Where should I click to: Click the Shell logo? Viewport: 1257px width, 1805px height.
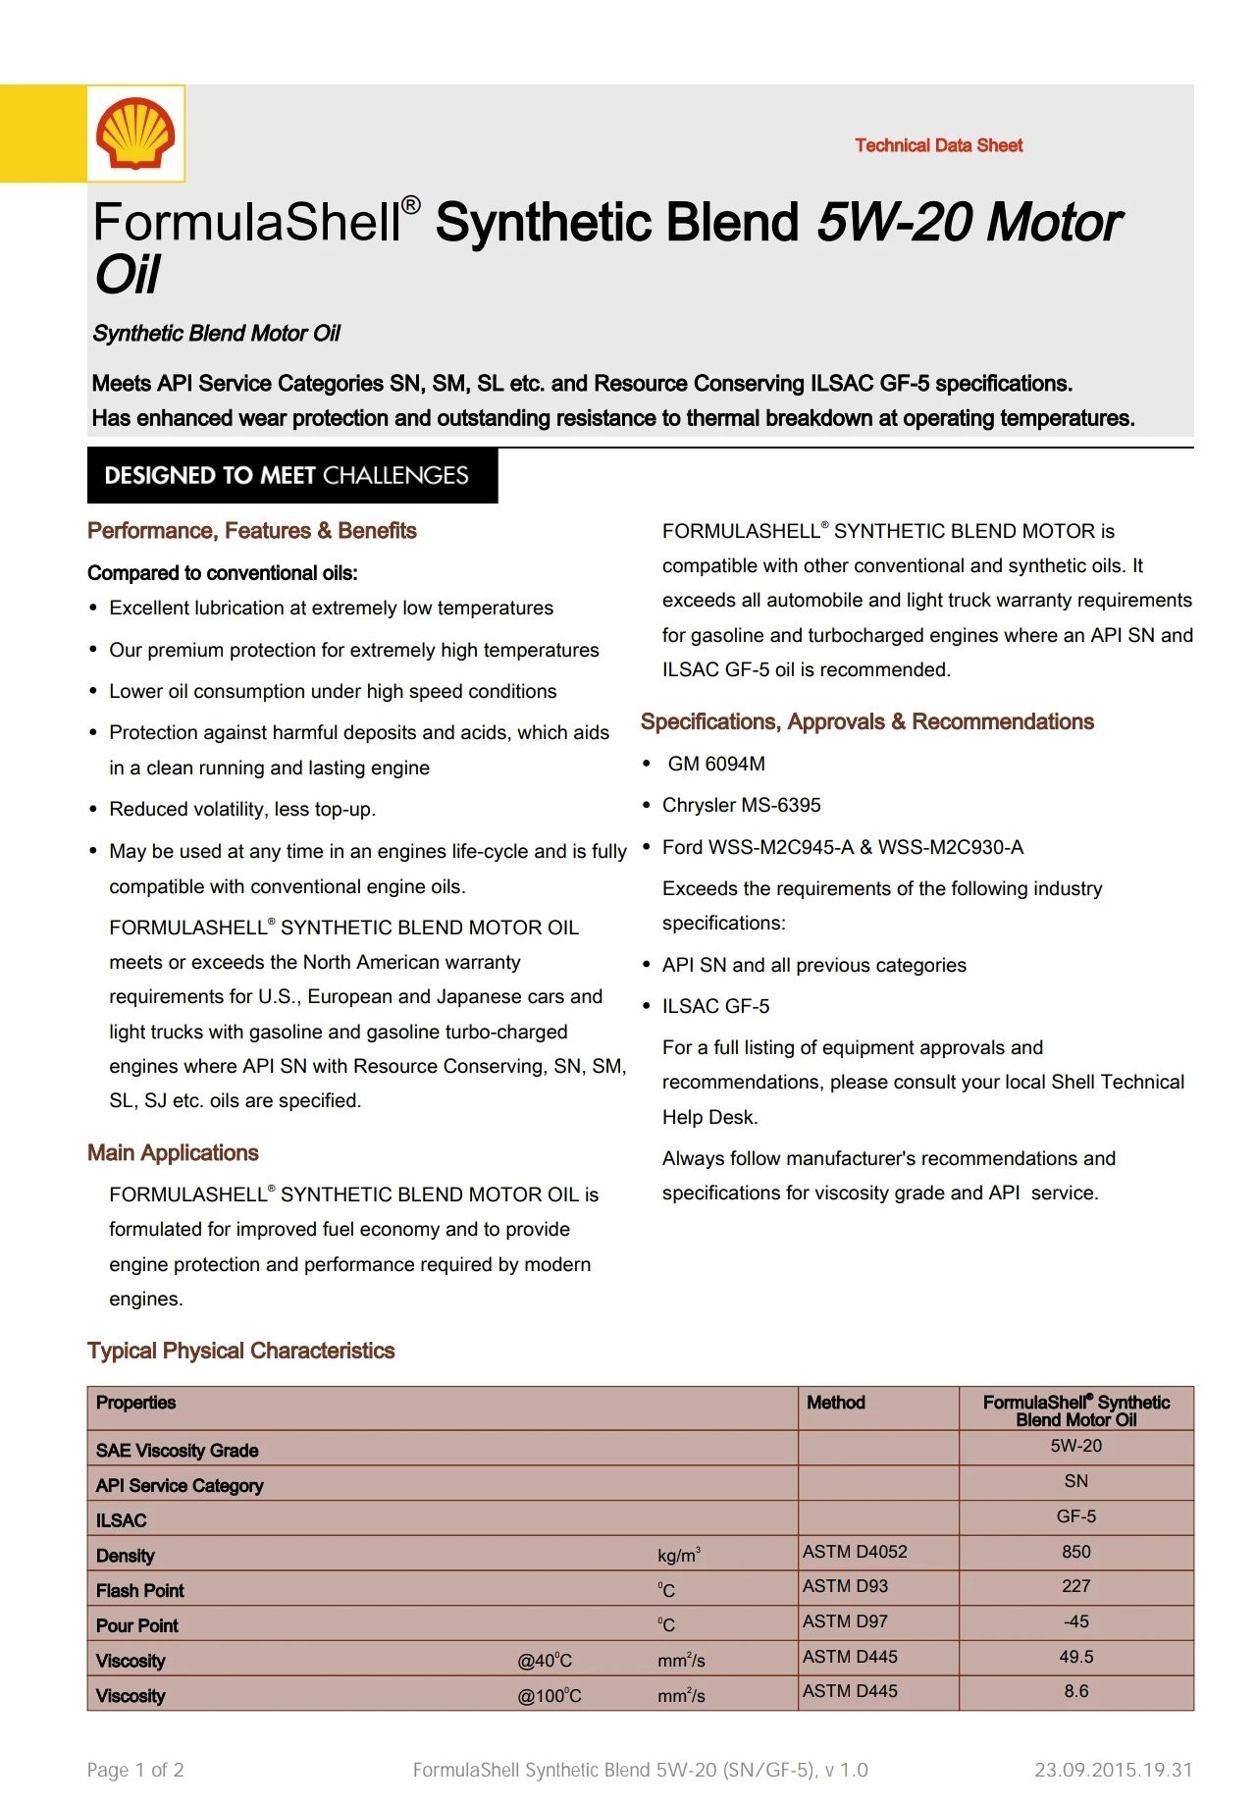click(x=135, y=133)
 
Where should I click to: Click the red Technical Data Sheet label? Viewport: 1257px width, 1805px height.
click(x=938, y=145)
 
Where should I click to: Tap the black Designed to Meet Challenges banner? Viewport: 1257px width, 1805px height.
click(x=292, y=476)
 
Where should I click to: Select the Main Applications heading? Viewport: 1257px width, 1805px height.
click(x=173, y=1152)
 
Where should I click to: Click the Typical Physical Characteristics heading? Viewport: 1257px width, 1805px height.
click(x=240, y=1351)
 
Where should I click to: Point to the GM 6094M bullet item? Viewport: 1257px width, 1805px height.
click(x=716, y=764)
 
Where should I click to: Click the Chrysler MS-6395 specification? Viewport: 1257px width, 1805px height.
click(x=741, y=805)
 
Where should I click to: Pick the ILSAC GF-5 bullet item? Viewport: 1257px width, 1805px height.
click(x=715, y=1006)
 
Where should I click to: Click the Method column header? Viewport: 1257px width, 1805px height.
click(x=835, y=1403)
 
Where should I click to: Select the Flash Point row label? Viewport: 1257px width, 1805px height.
click(x=140, y=1590)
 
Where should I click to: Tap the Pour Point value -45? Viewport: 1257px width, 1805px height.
click(x=1075, y=1621)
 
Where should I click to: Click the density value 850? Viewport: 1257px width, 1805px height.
click(x=1075, y=1552)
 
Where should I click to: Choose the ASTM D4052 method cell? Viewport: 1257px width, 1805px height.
click(x=855, y=1552)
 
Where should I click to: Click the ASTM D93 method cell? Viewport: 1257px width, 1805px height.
click(x=845, y=1586)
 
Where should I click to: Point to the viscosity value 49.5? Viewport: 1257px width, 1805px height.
click(x=1075, y=1657)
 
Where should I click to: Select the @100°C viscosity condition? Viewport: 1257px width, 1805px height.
click(x=550, y=1696)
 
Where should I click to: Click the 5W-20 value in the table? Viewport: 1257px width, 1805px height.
click(x=1075, y=1446)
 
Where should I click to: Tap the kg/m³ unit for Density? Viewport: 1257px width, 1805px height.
click(x=679, y=1556)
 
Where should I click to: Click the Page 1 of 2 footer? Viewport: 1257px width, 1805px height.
click(x=135, y=1770)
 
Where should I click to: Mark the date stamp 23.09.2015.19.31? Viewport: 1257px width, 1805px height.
click(x=1113, y=1770)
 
